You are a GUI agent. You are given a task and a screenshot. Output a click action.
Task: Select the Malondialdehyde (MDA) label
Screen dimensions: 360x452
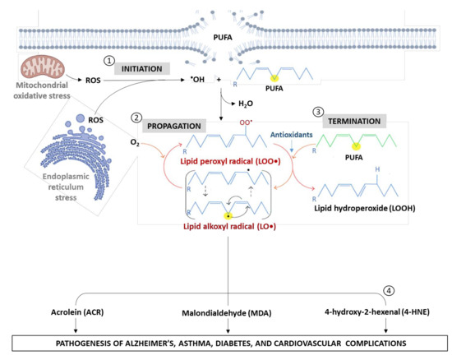coord(225,313)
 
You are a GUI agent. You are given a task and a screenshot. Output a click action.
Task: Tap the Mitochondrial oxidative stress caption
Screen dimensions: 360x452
coord(41,101)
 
